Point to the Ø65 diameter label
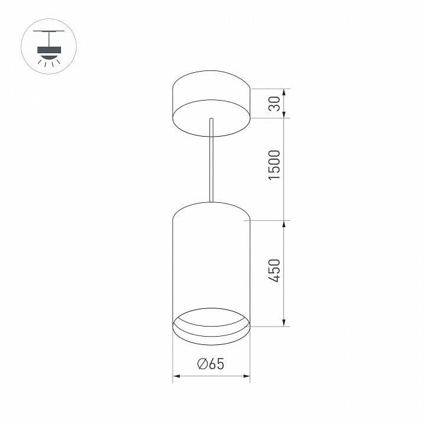[x=211, y=364]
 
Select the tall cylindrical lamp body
[x=211, y=260]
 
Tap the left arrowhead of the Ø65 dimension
[x=176, y=376]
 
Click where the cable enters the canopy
[x=211, y=121]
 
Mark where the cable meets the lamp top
[x=211, y=202]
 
